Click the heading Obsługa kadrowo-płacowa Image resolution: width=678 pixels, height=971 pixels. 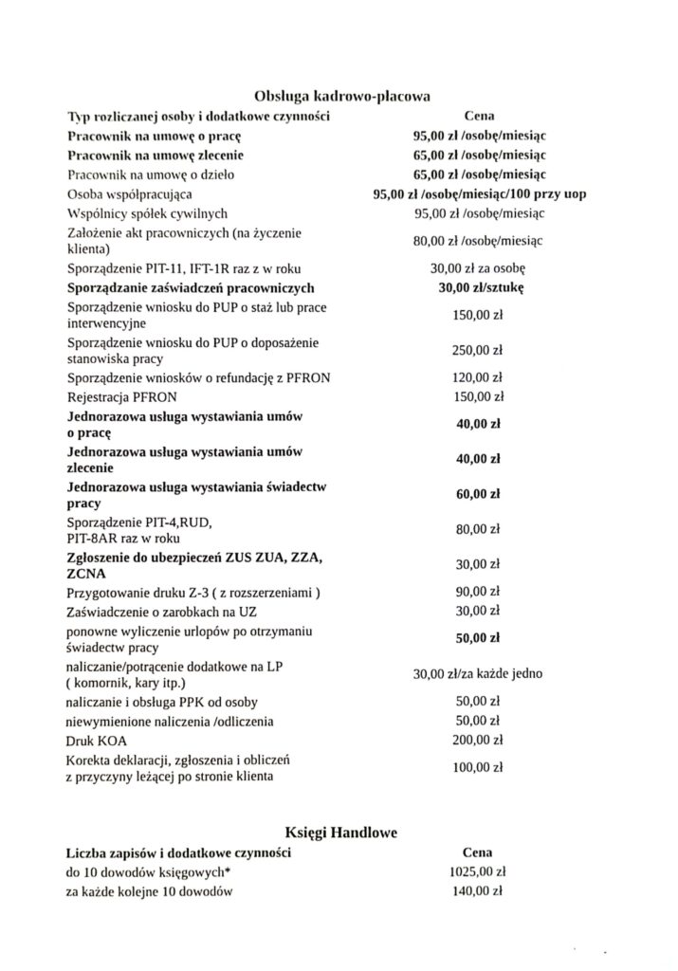tap(342, 96)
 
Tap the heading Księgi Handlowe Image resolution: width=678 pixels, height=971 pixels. tap(342, 833)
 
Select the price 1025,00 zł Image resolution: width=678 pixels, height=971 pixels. tap(477, 870)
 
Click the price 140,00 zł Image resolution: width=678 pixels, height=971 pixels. tap(477, 890)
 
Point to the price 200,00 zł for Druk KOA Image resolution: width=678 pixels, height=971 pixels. tap(477, 740)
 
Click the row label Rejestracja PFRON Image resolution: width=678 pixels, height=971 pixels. tap(121, 396)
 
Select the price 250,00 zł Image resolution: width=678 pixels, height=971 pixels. tap(477, 350)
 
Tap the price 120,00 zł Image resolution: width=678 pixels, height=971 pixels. tap(477, 377)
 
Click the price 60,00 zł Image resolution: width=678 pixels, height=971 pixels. tap(477, 495)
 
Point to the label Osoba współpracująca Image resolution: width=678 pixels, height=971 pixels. tap(129, 194)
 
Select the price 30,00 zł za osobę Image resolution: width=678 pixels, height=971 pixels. tap(477, 268)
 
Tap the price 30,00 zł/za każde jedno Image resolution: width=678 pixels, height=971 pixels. tap(477, 675)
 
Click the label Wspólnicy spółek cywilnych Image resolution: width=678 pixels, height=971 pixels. tap(147, 213)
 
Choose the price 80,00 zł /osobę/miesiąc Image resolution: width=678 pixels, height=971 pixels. tap(477, 241)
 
